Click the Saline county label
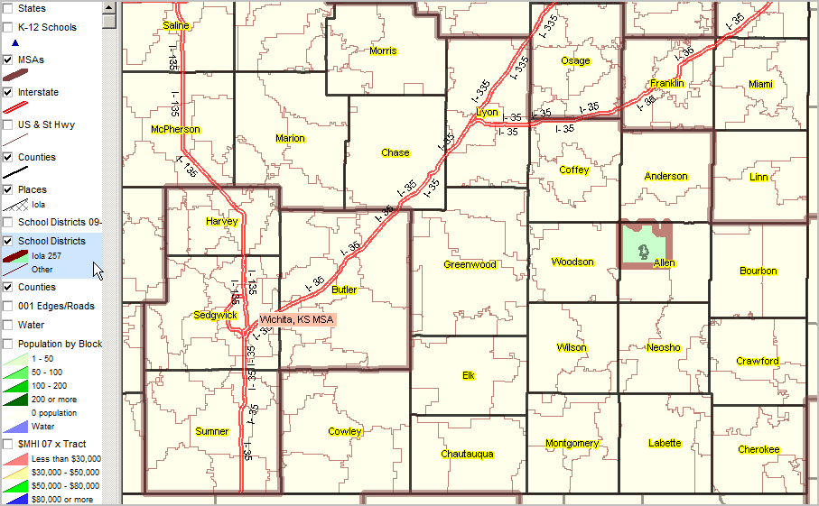coord(176,26)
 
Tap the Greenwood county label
coord(470,265)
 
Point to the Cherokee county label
coord(759,449)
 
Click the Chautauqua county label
coord(467,454)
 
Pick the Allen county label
coord(665,263)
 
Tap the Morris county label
coord(383,51)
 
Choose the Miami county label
coord(760,85)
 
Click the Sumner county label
coord(211,432)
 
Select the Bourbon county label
coord(758,271)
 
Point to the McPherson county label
coord(176,130)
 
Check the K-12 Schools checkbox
coord(8,27)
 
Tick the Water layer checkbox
coord(8,325)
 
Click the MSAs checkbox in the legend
coord(8,60)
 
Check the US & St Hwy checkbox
coord(8,124)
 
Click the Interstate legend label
coord(38,92)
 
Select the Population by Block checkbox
coord(8,344)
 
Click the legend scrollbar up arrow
coord(108,5)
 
